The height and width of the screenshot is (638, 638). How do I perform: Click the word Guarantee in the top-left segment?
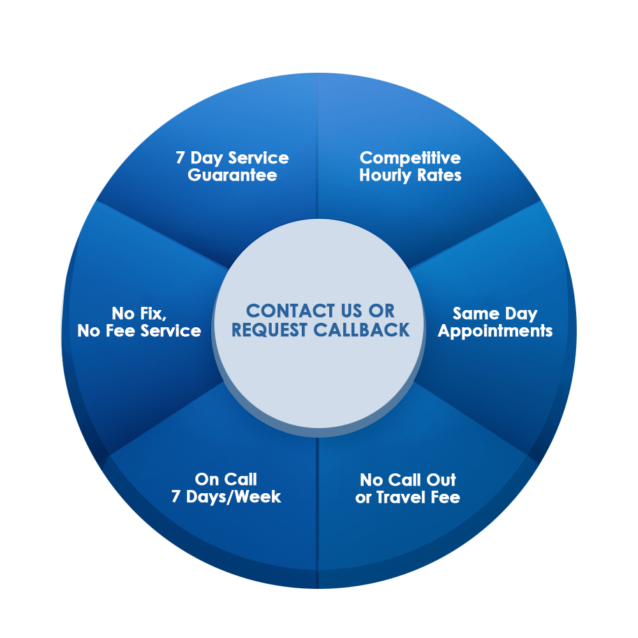232,175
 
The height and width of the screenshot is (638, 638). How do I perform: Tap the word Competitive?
410,158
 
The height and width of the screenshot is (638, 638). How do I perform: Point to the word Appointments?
495,331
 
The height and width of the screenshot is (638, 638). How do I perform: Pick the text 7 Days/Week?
226,497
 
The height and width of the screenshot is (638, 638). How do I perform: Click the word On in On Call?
207,479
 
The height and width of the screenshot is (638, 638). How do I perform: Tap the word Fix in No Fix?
152,313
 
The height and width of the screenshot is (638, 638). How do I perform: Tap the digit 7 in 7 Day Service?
180,158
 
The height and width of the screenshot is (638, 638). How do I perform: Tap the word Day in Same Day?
521,313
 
